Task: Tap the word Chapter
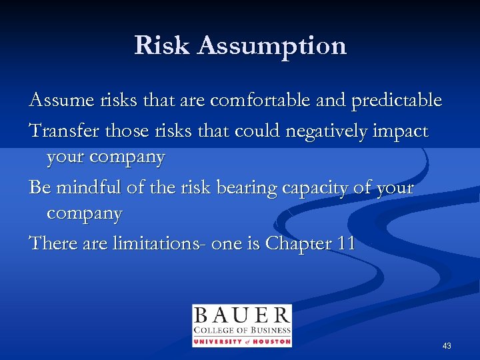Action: coord(297,245)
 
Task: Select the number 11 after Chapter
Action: coord(345,244)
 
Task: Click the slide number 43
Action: coord(446,346)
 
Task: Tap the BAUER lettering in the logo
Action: coord(241,315)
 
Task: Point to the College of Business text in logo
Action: coord(241,331)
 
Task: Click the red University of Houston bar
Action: coord(241,341)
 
